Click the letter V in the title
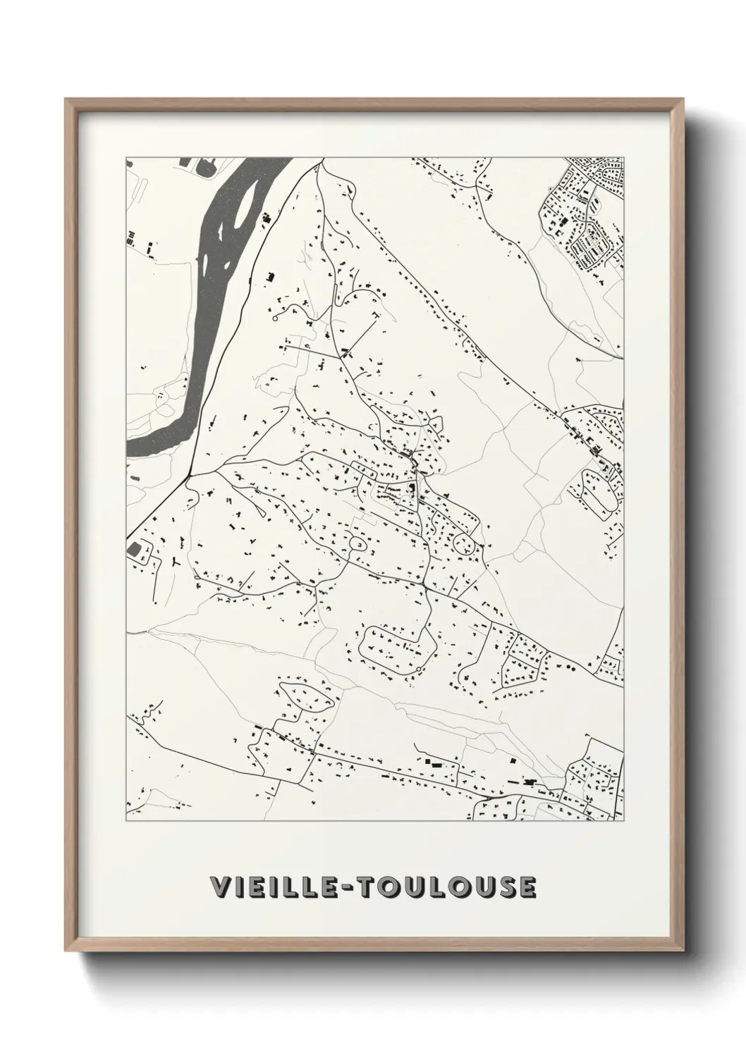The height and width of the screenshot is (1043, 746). point(219,887)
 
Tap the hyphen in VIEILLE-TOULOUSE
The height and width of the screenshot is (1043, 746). point(350,888)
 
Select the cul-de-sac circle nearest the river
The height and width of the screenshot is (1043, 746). point(274,319)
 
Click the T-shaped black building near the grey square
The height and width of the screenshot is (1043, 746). point(173,563)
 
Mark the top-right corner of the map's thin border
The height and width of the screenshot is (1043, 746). point(624,157)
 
